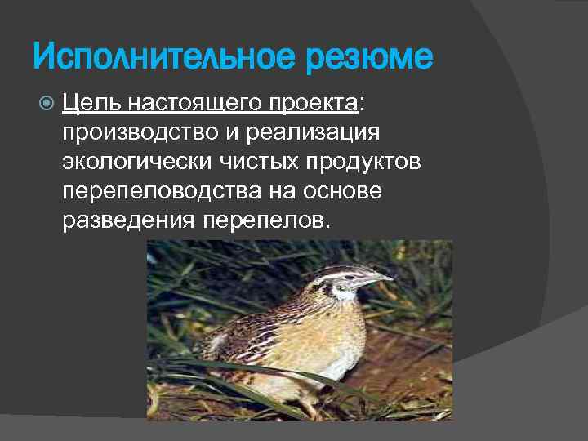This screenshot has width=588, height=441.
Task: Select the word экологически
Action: tap(136, 163)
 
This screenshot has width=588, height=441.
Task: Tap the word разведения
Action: tap(125, 221)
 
